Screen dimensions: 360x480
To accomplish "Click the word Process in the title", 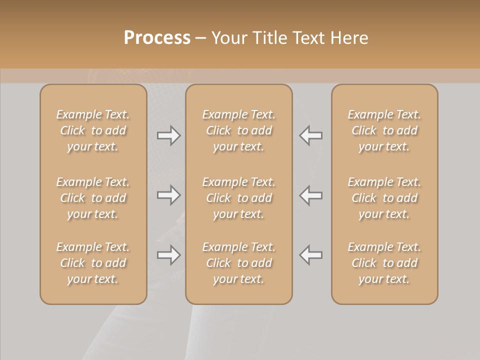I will (x=157, y=38).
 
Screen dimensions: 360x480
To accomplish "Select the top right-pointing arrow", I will (x=168, y=135).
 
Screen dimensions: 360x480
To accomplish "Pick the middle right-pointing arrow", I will (x=168, y=195).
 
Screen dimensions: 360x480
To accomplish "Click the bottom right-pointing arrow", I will (x=168, y=255).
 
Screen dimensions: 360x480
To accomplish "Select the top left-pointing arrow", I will (x=311, y=135).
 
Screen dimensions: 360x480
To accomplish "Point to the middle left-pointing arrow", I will (x=311, y=195).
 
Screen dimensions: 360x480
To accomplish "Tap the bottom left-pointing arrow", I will (x=311, y=255).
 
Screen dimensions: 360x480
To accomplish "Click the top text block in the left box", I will (x=93, y=130).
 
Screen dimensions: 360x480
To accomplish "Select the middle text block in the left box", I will (x=93, y=198).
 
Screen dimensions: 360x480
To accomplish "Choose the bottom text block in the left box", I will (x=93, y=263).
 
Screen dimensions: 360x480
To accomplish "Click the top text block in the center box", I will (x=239, y=130).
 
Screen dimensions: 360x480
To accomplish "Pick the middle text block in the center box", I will (x=239, y=198).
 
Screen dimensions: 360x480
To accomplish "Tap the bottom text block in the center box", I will (x=239, y=263).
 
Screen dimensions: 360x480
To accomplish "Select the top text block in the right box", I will (x=384, y=130).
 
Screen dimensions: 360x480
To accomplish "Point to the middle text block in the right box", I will (x=384, y=198).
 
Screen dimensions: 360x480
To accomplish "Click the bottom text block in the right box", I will (x=384, y=263).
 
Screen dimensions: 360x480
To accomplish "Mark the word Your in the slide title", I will (x=228, y=38).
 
